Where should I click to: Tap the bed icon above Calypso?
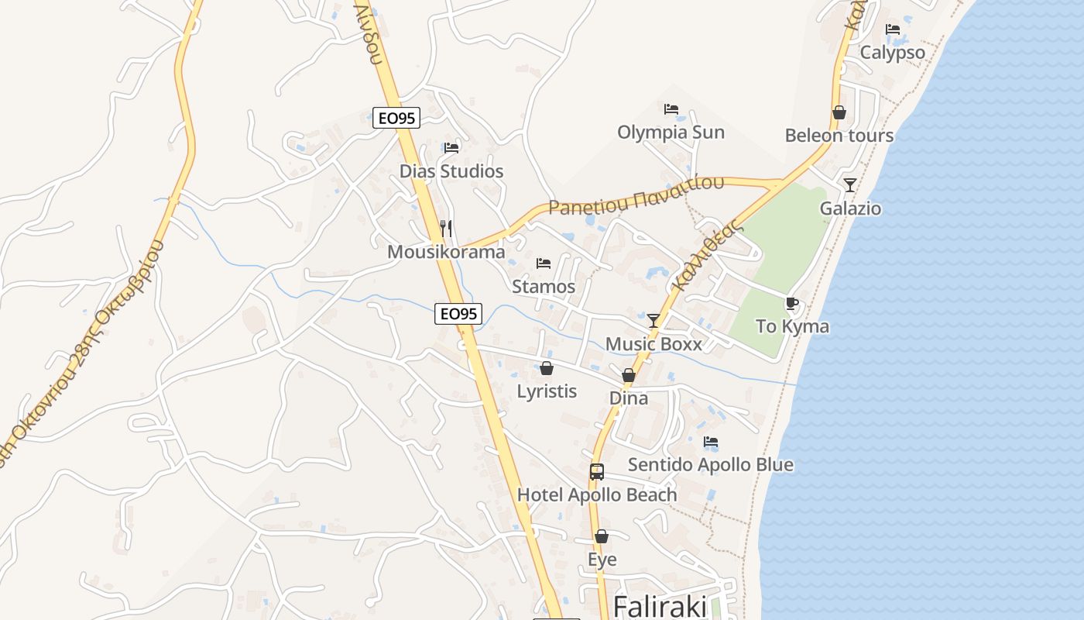(893, 29)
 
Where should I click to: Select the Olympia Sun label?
(671, 132)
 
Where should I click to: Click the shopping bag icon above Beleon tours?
(839, 112)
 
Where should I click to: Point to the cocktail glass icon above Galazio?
(850, 184)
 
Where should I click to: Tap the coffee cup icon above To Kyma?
(791, 303)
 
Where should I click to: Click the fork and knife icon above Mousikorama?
(445, 228)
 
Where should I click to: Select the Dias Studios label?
(451, 171)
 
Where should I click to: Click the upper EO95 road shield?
(396, 118)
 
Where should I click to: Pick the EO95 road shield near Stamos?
(458, 314)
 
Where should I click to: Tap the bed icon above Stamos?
(544, 263)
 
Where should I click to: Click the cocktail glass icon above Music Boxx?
(653, 320)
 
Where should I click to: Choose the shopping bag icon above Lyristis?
(547, 368)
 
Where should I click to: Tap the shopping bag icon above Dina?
(629, 375)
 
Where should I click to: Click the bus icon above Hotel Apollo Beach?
(596, 471)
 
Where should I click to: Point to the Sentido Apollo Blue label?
(710, 465)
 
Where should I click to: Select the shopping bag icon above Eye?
(602, 536)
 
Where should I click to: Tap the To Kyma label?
(792, 326)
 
